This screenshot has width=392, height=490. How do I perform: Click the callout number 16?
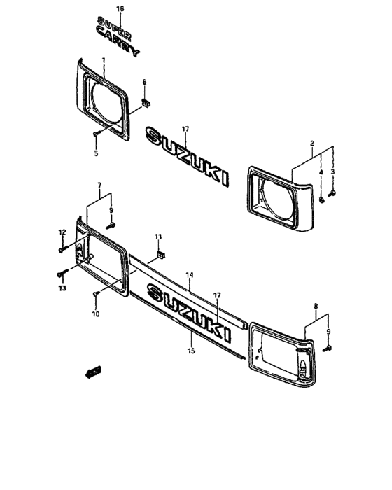pyautogui.click(x=120, y=8)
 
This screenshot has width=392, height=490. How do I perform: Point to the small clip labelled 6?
pyautogui.click(x=146, y=104)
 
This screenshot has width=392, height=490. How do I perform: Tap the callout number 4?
pyautogui.click(x=321, y=171)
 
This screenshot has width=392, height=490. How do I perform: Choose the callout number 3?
pyautogui.click(x=333, y=171)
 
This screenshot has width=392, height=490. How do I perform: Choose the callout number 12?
pyautogui.click(x=62, y=232)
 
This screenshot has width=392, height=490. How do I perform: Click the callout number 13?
pyautogui.click(x=61, y=288)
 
